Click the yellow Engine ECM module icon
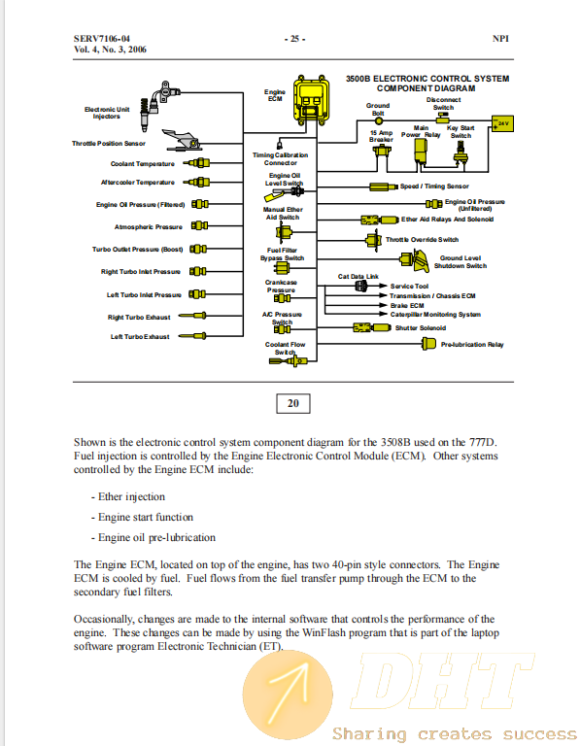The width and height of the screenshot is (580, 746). (311, 100)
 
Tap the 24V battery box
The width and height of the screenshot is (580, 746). (502, 123)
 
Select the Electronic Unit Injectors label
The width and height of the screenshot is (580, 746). (107, 113)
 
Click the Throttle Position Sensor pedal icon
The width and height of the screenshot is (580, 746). (181, 140)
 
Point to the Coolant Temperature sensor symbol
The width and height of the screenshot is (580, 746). (197, 163)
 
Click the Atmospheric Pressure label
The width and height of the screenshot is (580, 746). (148, 227)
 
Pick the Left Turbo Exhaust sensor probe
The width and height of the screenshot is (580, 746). (192, 336)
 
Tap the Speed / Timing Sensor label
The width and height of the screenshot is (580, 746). (434, 186)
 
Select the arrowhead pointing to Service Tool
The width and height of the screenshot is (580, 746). (383, 286)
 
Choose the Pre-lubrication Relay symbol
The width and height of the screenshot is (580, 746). (428, 344)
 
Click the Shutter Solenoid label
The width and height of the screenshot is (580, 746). (420, 327)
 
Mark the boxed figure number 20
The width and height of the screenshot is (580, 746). (293, 403)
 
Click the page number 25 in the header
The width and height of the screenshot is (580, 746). (295, 39)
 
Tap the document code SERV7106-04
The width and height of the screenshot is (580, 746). (102, 39)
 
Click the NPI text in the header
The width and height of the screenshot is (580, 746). (500, 39)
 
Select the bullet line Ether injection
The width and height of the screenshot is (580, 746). (128, 496)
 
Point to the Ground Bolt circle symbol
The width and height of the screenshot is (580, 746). (379, 121)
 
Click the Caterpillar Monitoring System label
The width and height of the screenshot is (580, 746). (435, 315)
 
